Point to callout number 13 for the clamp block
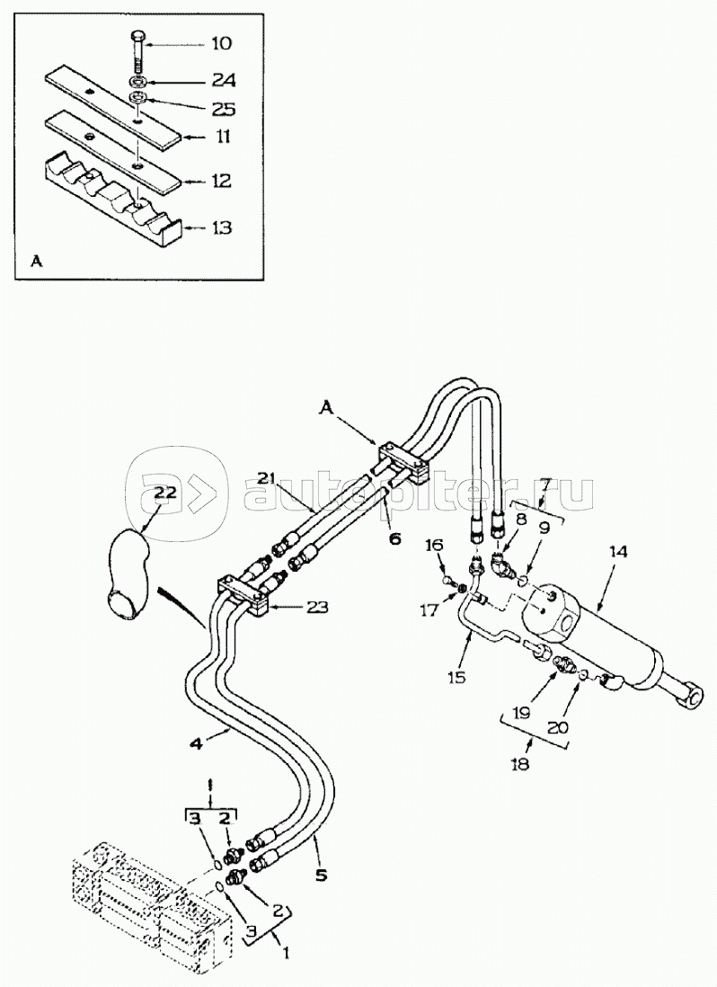click(x=220, y=228)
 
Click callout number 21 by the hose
click(x=263, y=476)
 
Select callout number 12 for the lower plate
click(x=220, y=181)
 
